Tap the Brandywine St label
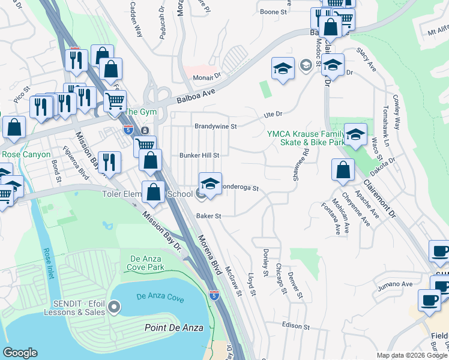coord(216,127)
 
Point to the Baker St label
coord(208,215)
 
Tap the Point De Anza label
coord(174,327)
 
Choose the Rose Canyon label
coord(24,155)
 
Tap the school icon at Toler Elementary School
coord(210,183)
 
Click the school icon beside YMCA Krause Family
coord(356,134)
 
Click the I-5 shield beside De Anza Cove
coord(214,295)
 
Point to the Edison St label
coord(295,327)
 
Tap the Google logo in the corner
coord(20,353)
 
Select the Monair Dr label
coord(207,76)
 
